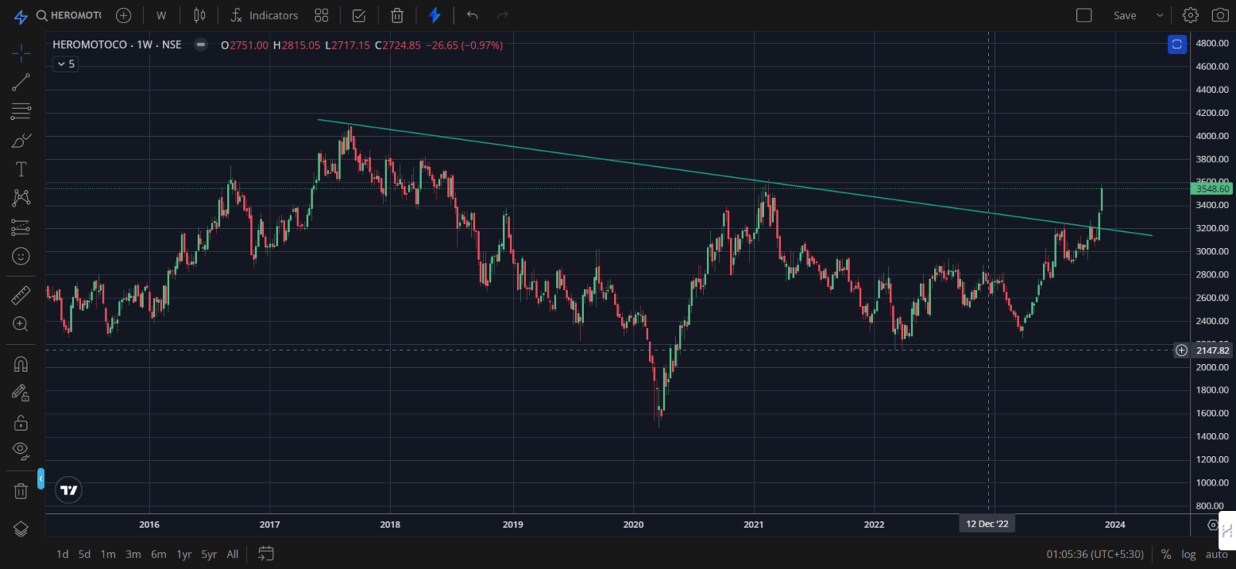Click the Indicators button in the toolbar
[x=265, y=15]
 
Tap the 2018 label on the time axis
[x=390, y=524]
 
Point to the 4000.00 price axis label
[x=1212, y=136]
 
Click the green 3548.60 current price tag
[x=1212, y=189]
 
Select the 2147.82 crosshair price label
[x=1212, y=350]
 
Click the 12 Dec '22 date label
[x=986, y=524]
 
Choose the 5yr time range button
[x=209, y=554]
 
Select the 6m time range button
[x=158, y=554]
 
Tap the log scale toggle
[x=1188, y=554]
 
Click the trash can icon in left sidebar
[x=21, y=491]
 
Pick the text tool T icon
[x=21, y=169]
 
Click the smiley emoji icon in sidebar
[x=21, y=256]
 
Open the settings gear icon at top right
[x=1190, y=15]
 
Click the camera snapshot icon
[x=1220, y=15]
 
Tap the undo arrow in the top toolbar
[x=473, y=15]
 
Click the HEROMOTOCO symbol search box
[x=70, y=15]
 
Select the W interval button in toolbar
[x=161, y=15]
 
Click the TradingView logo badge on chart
[x=69, y=490]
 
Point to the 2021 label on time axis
[x=753, y=524]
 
